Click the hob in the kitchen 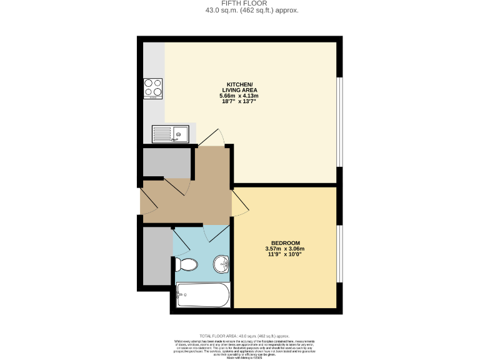152,89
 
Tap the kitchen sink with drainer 171,134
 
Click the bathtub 203,294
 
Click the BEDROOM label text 286,243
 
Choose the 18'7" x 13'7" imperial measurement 239,101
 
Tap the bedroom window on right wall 340,253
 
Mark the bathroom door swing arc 212,234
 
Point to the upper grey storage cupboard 166,162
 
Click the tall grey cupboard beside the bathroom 156,256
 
